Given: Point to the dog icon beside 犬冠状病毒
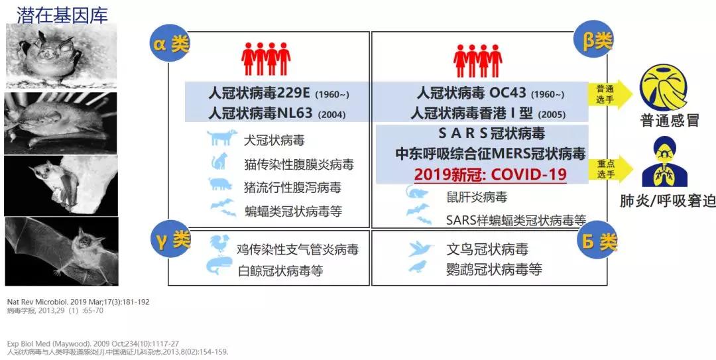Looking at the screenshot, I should point(221,138).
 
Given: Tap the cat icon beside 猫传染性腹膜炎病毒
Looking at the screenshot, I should point(219,161).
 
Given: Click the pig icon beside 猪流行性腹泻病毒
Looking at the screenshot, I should point(221,184).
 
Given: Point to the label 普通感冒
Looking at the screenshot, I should point(669,121).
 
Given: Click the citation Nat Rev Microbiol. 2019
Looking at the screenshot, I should point(78,302).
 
